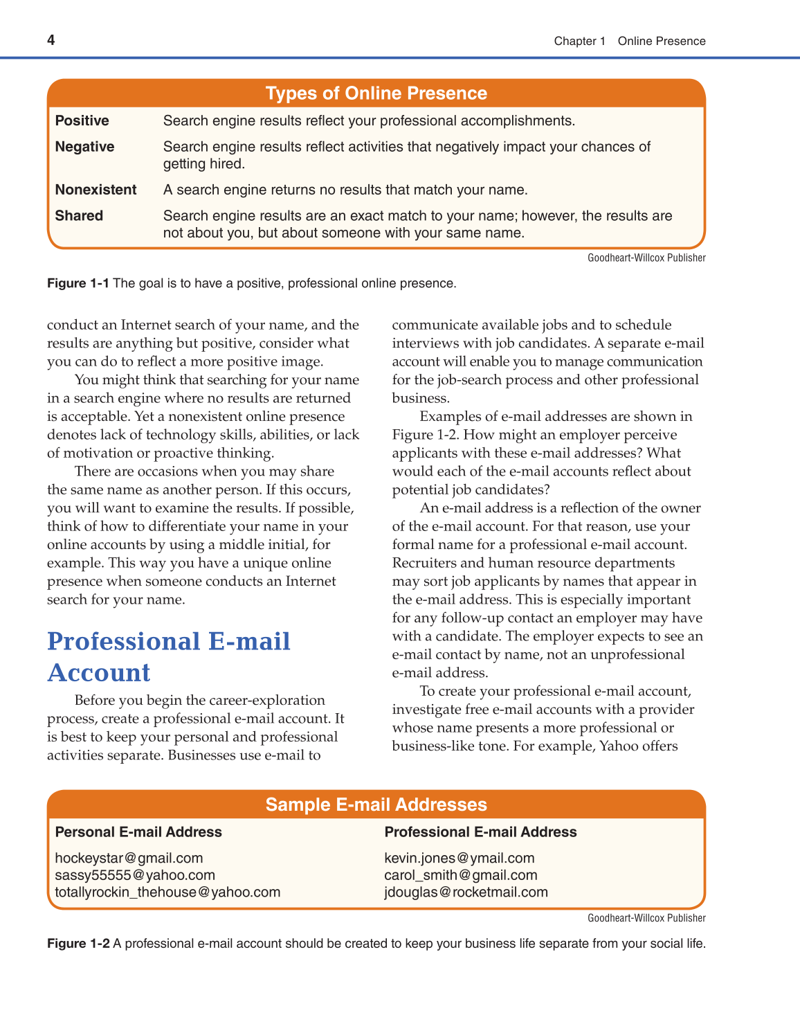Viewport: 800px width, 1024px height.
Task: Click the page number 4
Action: (x=51, y=40)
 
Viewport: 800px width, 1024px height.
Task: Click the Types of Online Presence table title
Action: (x=376, y=93)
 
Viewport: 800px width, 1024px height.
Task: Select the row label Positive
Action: (x=82, y=120)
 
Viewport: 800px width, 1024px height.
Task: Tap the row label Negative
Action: (x=84, y=147)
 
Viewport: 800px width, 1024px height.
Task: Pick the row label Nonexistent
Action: (x=96, y=190)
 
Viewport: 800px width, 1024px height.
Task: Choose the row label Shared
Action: (x=79, y=216)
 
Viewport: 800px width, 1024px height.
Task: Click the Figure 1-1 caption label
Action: (x=78, y=283)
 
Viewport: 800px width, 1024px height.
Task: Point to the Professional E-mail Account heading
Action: (x=168, y=656)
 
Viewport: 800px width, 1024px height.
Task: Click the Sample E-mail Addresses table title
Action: (x=376, y=805)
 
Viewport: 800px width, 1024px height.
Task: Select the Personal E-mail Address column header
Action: (x=138, y=832)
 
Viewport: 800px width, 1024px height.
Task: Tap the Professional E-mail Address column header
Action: (x=480, y=832)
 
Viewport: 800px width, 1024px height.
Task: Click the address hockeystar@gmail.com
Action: (x=129, y=859)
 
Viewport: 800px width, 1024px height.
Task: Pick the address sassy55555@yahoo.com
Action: (x=135, y=875)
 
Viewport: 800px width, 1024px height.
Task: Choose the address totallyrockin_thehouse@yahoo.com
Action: (x=167, y=892)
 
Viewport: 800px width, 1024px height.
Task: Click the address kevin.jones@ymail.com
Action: (x=459, y=859)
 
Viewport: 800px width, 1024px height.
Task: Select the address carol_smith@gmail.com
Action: (x=460, y=875)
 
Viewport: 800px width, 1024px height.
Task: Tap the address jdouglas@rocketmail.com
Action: (x=466, y=892)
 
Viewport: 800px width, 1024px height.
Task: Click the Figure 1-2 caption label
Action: (x=78, y=944)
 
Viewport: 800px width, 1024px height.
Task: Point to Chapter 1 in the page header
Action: (x=579, y=41)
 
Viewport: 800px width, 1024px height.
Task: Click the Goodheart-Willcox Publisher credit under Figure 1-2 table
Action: (x=646, y=918)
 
